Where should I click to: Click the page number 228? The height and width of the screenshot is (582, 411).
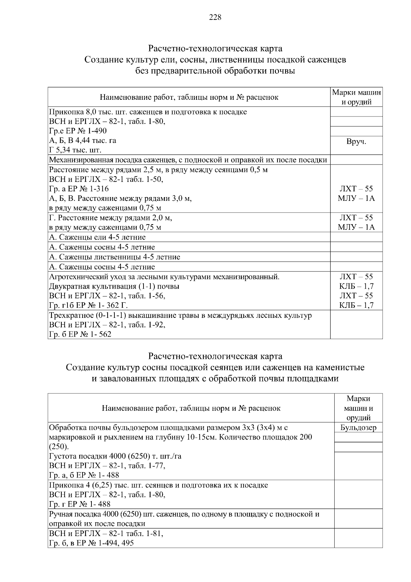click(x=215, y=17)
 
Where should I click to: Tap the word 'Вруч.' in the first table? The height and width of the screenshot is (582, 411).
click(x=356, y=142)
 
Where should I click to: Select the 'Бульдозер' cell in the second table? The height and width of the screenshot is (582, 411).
click(x=358, y=427)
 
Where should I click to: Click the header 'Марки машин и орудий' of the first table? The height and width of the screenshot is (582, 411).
click(x=356, y=97)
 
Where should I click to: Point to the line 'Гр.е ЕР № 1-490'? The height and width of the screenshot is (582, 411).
click(x=78, y=131)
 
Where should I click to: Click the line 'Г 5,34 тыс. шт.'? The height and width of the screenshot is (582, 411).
click(x=75, y=150)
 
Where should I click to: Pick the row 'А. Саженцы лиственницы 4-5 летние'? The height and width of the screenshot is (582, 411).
click(x=114, y=257)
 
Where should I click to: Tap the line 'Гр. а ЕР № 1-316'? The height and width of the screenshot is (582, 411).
click(x=79, y=189)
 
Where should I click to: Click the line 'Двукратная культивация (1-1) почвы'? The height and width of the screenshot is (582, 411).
click(x=114, y=286)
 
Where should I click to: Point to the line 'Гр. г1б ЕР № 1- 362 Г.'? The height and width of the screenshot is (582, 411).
click(x=88, y=305)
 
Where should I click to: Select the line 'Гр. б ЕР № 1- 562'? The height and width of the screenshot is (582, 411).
click(x=80, y=334)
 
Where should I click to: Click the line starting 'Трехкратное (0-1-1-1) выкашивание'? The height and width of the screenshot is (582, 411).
click(x=180, y=315)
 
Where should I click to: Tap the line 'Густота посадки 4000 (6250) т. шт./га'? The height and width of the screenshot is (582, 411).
click(x=115, y=456)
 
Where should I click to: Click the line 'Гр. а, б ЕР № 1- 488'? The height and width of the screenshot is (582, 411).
click(x=84, y=475)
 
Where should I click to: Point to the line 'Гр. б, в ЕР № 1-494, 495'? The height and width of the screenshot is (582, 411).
click(x=91, y=543)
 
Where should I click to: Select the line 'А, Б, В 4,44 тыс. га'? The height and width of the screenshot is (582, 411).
click(x=83, y=141)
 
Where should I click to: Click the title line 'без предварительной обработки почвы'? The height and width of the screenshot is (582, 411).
click(x=215, y=71)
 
